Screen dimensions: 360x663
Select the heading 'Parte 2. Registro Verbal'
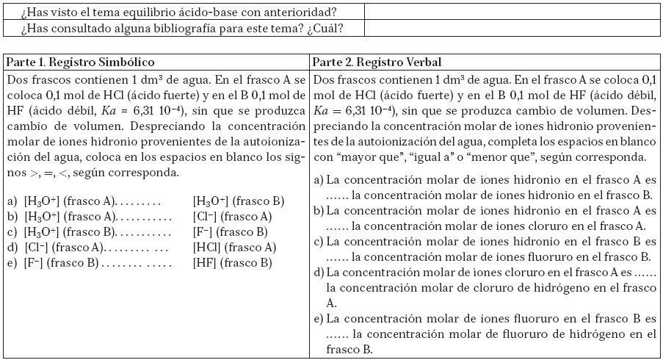pyautogui.click(x=377, y=62)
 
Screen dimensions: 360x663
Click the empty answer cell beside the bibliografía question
pyautogui.click(x=511, y=29)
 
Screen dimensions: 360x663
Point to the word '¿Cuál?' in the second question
pyautogui.click(x=327, y=29)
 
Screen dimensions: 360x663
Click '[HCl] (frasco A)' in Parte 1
pyautogui.click(x=234, y=247)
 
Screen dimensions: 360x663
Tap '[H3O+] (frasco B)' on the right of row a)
pyautogui.click(x=239, y=201)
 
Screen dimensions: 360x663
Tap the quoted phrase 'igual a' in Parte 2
pyautogui.click(x=420, y=158)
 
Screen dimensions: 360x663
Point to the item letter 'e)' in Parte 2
pyautogui.click(x=318, y=319)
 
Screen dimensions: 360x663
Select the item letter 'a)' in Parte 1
pyautogui.click(x=11, y=201)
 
